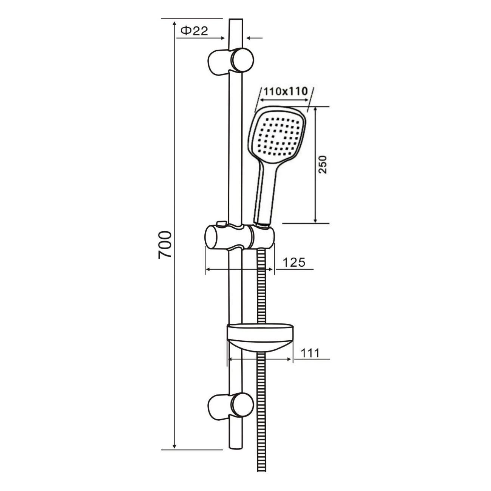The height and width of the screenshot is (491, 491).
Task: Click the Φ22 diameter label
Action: click(x=194, y=31)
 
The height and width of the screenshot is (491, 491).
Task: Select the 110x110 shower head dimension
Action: click(x=286, y=91)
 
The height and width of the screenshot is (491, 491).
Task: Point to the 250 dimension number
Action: click(x=323, y=164)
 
